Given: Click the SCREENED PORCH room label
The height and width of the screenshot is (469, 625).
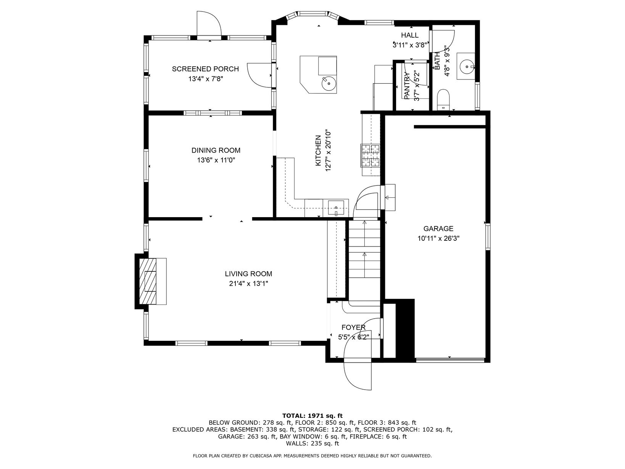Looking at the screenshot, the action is coord(205,69).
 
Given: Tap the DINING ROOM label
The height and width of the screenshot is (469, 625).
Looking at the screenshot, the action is coord(216,150).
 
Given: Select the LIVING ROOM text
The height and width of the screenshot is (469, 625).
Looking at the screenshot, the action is coord(248,274).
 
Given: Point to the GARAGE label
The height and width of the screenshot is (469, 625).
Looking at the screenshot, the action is coord(438,229).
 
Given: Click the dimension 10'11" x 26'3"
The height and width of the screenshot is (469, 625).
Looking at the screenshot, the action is coord(438,239).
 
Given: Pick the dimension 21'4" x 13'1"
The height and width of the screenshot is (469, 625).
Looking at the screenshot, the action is coord(248,284).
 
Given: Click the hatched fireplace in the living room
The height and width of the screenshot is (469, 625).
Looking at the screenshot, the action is coord(148,281).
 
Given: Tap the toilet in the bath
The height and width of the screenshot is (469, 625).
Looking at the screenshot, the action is coord(443,99).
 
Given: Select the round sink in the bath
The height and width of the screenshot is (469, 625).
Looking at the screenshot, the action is coord(467,67).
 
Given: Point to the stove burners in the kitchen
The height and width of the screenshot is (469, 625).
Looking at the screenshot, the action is coord(371,155).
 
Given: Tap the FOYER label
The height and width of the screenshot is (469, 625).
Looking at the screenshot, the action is coord(354,327).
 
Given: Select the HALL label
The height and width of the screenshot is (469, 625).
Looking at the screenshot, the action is coord(410,35).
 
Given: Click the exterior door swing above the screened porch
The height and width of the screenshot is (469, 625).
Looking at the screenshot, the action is coord(209,23).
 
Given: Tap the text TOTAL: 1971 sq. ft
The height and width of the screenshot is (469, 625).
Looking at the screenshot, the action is coord(312,416).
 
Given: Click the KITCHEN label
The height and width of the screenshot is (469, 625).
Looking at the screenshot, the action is coord(318,151).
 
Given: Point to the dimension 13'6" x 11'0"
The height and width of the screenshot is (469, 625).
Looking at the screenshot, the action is coord(216,160).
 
